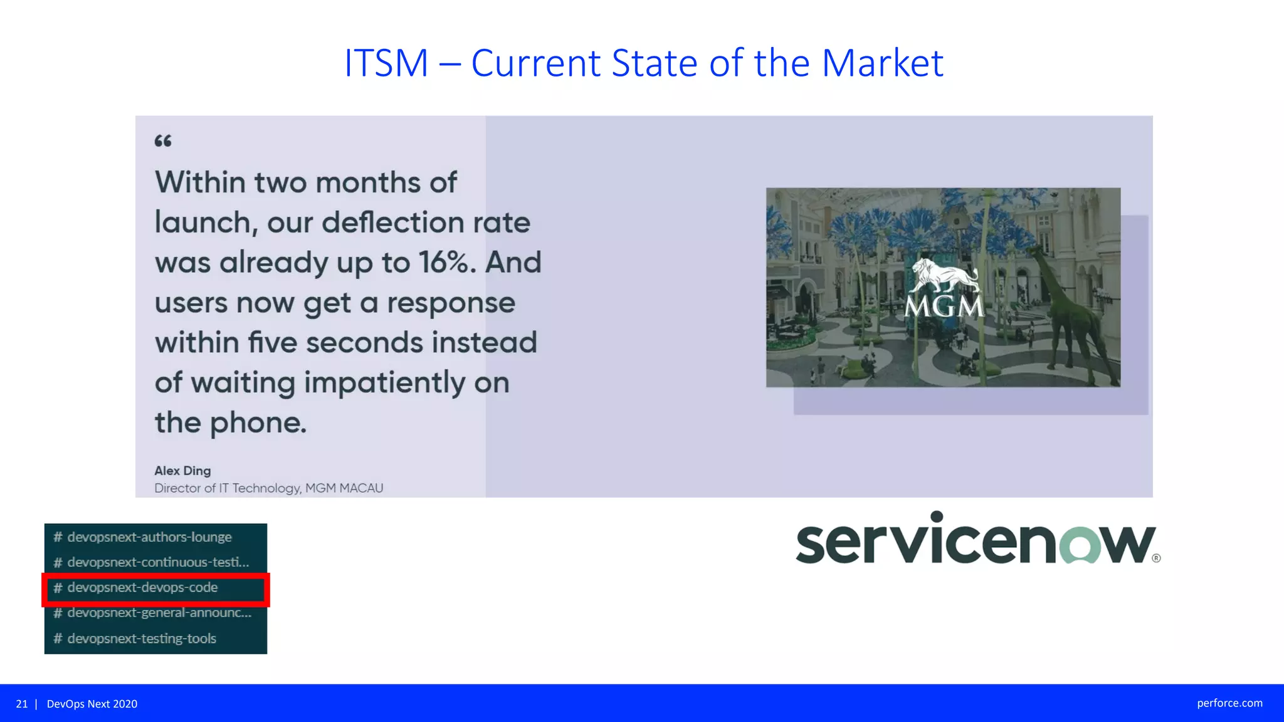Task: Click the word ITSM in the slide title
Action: tap(386, 63)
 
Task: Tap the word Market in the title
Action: tap(882, 63)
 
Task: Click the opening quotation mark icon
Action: tap(163, 141)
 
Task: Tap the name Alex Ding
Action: tap(182, 471)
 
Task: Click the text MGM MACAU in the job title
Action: tap(344, 488)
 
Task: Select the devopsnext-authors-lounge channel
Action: tap(149, 537)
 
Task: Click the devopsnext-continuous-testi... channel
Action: tap(157, 562)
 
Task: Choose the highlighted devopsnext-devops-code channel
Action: tap(142, 588)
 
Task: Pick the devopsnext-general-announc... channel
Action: tap(159, 613)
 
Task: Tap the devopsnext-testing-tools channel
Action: tap(142, 639)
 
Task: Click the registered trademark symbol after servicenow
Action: tap(1156, 558)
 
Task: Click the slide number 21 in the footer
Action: tap(22, 704)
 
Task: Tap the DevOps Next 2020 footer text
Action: tap(92, 704)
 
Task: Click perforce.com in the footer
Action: tap(1229, 703)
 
